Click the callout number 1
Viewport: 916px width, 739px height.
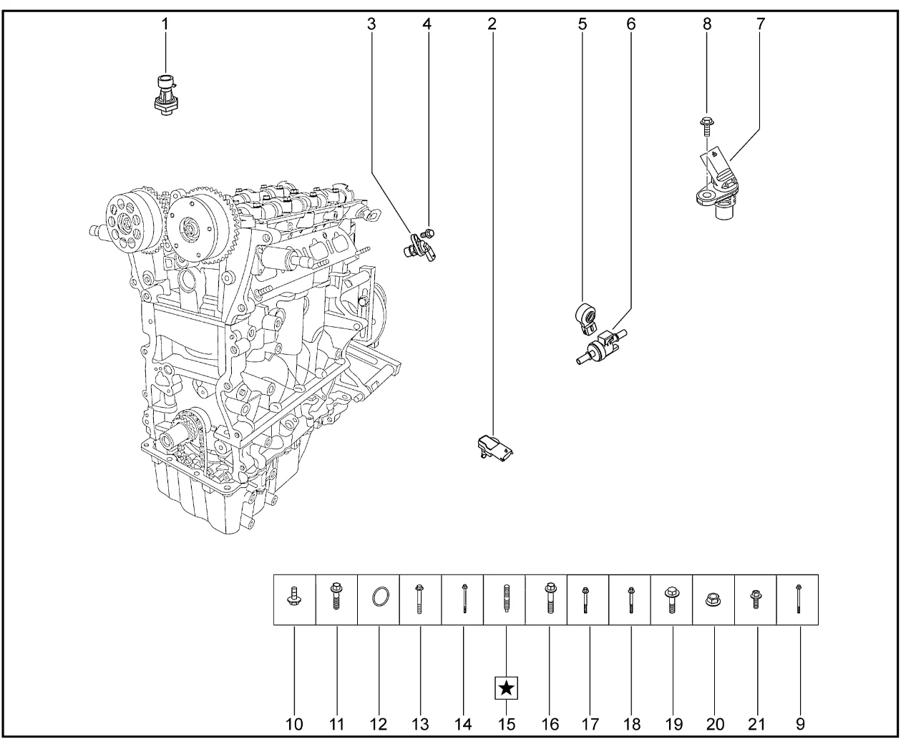click(x=165, y=24)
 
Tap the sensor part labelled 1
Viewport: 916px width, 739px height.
click(x=166, y=95)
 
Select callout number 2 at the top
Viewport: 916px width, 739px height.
click(x=492, y=24)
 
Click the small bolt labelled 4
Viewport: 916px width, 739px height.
click(x=428, y=234)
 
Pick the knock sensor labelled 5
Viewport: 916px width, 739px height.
click(x=586, y=318)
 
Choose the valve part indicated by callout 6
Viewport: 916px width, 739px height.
click(x=601, y=346)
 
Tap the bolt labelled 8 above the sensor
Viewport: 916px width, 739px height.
click(x=706, y=127)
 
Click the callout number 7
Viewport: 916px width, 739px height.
click(x=760, y=24)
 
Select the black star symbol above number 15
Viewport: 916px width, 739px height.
click(x=506, y=687)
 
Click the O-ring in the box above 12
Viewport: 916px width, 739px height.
click(x=380, y=597)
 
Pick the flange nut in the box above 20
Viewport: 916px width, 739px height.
click(x=713, y=599)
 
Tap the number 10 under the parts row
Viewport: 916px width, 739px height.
click(x=294, y=725)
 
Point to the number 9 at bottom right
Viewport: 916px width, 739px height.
click(x=800, y=725)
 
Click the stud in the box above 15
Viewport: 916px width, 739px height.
click(x=506, y=598)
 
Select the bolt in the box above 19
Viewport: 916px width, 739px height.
click(x=672, y=601)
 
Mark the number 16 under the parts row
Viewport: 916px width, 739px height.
click(x=550, y=725)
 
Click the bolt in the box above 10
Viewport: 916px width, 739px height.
click(x=294, y=596)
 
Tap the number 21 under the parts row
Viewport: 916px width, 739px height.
click(x=756, y=725)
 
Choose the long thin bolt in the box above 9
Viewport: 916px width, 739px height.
click(x=799, y=598)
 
